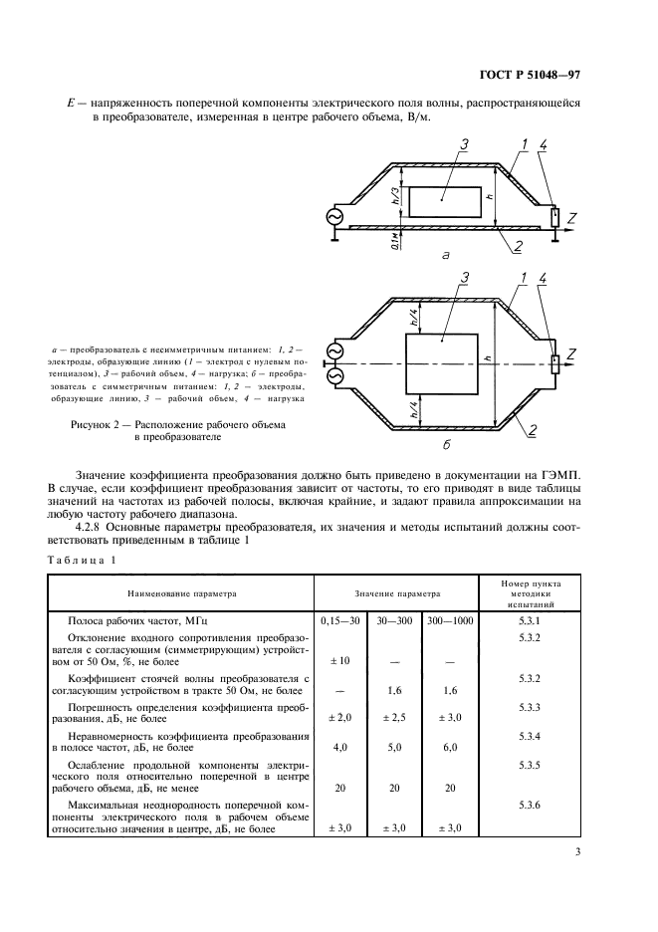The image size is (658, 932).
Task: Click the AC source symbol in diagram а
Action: (329, 217)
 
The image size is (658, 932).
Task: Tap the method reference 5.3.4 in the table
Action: (529, 736)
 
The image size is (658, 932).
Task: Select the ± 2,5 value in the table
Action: (395, 716)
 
